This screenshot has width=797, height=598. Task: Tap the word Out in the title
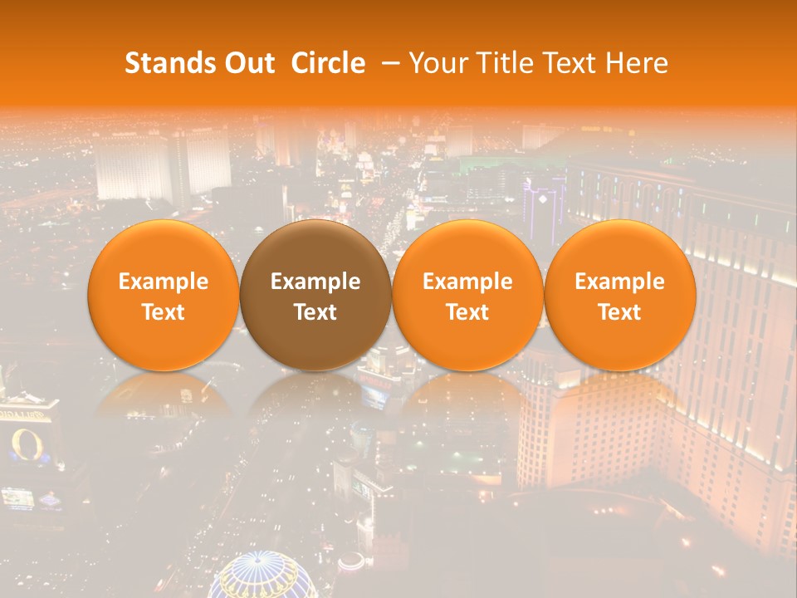[x=247, y=63]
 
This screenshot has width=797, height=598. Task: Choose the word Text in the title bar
[x=565, y=63]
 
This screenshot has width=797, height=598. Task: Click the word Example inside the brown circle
[x=315, y=282]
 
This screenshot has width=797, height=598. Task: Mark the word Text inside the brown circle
[x=315, y=312]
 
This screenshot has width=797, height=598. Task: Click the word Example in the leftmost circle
[x=164, y=282]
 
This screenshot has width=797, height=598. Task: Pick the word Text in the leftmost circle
[x=164, y=312]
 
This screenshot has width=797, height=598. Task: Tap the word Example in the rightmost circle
[x=619, y=282]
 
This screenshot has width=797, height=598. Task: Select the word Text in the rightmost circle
[x=619, y=312]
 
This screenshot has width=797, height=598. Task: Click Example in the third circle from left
[x=467, y=282]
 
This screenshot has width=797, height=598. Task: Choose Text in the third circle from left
[x=467, y=312]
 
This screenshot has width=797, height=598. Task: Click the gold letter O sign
[x=22, y=445]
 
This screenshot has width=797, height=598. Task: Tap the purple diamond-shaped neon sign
[x=545, y=199]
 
